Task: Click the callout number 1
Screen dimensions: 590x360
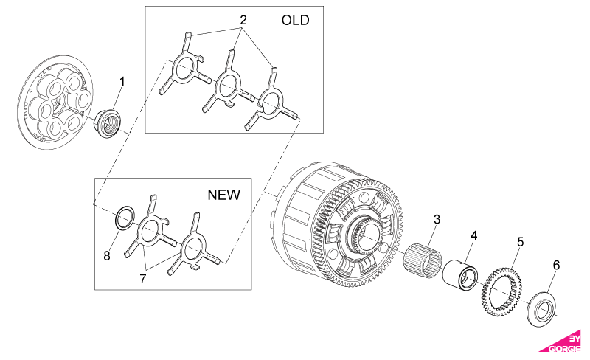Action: [122, 82]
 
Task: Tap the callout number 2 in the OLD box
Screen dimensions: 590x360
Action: [243, 20]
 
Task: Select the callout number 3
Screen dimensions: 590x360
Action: [437, 219]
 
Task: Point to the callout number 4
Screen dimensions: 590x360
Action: [473, 235]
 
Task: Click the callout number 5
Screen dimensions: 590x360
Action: [520, 242]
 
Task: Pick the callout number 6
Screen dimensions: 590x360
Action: [556, 265]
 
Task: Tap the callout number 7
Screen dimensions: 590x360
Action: [142, 279]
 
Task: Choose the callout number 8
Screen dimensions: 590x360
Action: [107, 256]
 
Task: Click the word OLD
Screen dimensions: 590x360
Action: [296, 21]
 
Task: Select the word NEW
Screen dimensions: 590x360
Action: [224, 195]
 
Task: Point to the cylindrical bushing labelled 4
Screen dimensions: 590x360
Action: [460, 274]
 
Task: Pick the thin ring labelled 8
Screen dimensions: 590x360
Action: [125, 218]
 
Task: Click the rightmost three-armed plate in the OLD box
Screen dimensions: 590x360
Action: [271, 100]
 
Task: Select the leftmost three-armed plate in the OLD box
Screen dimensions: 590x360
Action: [184, 68]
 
